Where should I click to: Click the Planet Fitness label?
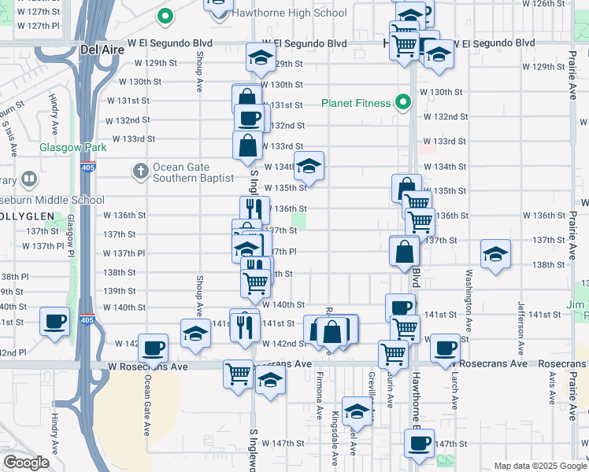tap(356, 103)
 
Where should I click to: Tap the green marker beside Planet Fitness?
tap(402, 102)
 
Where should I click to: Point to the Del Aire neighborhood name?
tap(100, 50)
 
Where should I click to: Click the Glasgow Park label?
tap(73, 147)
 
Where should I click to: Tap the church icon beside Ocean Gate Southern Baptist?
tap(140, 171)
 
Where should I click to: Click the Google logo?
tap(26, 463)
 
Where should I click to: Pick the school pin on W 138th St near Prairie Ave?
tap(495, 254)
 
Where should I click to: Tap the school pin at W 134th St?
tap(309, 166)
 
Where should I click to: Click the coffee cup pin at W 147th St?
tap(419, 442)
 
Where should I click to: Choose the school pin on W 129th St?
tap(261, 57)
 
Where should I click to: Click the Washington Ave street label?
tap(469, 300)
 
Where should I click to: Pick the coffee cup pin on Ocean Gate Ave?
tap(153, 348)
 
